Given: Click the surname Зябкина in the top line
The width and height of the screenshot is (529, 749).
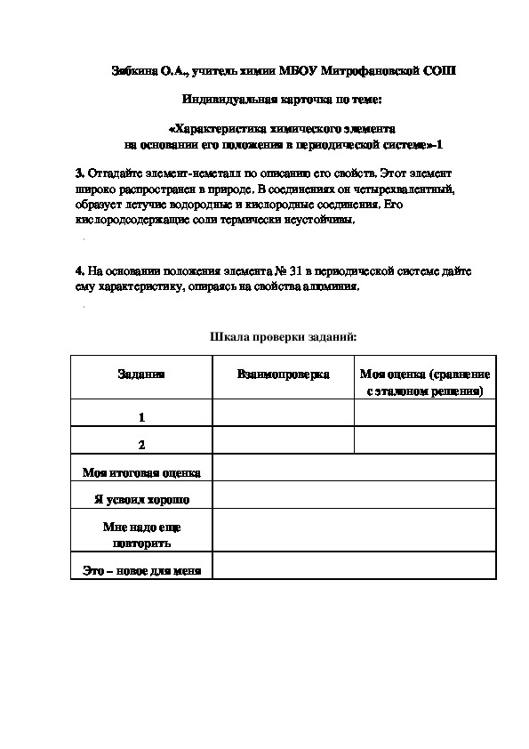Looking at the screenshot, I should pyautogui.click(x=131, y=70).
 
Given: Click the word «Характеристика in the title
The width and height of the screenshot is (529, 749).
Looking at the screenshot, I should pyautogui.click(x=219, y=127).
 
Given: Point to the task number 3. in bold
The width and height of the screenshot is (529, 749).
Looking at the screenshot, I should pyautogui.click(x=80, y=171).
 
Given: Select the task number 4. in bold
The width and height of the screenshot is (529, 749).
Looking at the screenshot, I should pyautogui.click(x=80, y=270).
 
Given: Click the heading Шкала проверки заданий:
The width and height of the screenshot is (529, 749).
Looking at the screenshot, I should pyautogui.click(x=283, y=337).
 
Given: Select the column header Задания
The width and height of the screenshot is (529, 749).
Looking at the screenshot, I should pyautogui.click(x=141, y=374).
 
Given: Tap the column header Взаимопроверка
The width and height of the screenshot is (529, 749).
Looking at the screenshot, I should pyautogui.click(x=283, y=374).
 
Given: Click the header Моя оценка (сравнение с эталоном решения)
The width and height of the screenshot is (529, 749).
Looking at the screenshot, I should pyautogui.click(x=424, y=383).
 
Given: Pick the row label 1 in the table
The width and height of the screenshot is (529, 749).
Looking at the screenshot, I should pyautogui.click(x=141, y=416).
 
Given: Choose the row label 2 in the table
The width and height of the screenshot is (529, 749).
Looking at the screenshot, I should pyautogui.click(x=141, y=444).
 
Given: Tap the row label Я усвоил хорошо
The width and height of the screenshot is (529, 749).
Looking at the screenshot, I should pyautogui.click(x=141, y=499).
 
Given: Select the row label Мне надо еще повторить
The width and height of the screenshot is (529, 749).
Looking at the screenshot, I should pyautogui.click(x=141, y=534).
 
